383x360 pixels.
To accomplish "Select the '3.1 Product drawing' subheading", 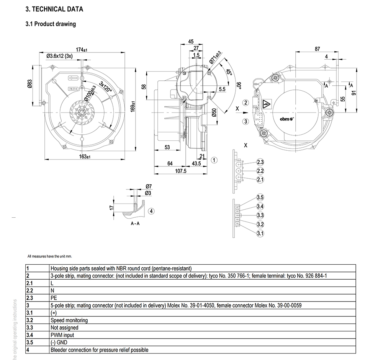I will coord(51,24).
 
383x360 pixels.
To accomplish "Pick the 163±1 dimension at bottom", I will coord(83,156).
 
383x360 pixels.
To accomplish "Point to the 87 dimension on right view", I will coord(317,49).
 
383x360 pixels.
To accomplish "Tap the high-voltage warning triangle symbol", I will coord(267,104).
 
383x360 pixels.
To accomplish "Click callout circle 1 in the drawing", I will coord(214,160).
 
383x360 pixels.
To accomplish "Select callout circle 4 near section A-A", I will coord(152,211).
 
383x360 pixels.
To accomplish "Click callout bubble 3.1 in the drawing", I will coord(260,233).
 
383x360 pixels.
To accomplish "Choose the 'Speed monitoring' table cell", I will coord(69,320).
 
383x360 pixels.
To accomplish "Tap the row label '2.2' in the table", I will coord(29,290).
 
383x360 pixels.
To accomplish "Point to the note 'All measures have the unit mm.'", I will coord(50,256).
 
